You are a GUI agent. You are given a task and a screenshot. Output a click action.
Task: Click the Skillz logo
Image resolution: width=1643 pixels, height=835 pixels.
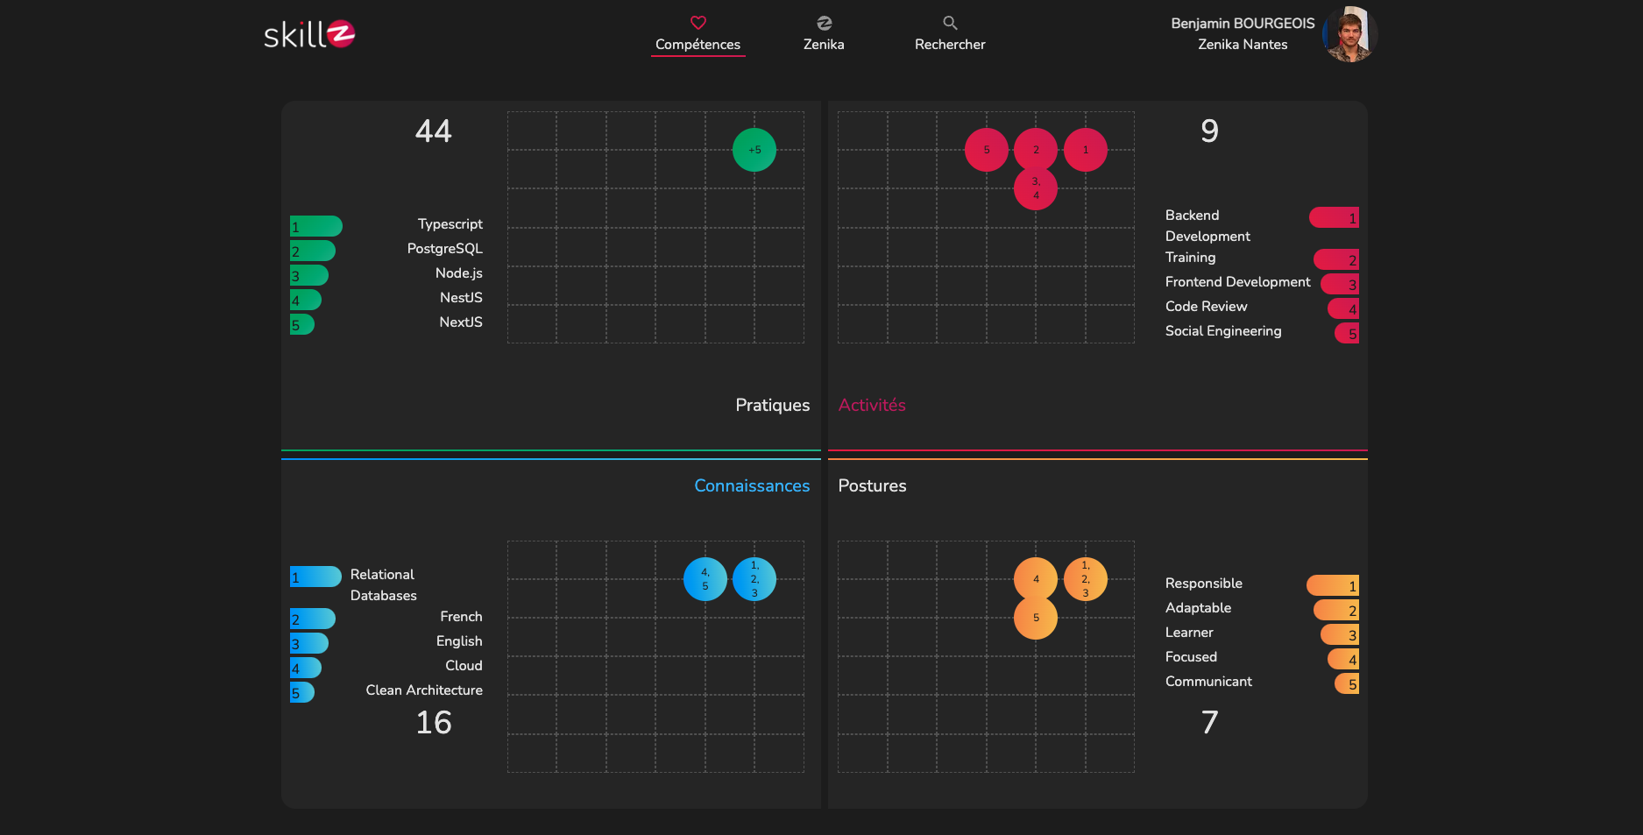(309, 34)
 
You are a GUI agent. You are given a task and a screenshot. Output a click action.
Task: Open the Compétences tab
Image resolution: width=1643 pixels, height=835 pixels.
(698, 34)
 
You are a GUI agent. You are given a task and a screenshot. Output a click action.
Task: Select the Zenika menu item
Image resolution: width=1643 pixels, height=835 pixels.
(824, 34)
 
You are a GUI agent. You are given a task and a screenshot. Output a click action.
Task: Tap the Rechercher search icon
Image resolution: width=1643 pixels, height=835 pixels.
(950, 23)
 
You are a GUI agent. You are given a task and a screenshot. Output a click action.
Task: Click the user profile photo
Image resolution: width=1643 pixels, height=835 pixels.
(1349, 34)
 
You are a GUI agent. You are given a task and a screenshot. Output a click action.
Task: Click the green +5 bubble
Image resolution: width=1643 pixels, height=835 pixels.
(754, 150)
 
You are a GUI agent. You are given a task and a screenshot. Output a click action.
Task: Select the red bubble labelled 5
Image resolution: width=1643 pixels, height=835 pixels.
(987, 150)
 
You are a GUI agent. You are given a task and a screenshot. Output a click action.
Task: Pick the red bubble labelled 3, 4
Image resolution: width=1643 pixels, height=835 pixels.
(1036, 188)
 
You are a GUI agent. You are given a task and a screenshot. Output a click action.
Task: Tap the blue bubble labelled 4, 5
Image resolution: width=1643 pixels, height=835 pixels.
(705, 579)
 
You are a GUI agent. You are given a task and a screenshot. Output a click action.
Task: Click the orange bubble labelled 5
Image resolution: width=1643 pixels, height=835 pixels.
(1036, 618)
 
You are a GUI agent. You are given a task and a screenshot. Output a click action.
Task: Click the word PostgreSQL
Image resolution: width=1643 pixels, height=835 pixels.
(444, 249)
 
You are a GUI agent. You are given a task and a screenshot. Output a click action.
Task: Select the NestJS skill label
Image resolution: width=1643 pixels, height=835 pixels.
(461, 298)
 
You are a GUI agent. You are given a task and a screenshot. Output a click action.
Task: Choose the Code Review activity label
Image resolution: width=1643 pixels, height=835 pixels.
(1206, 307)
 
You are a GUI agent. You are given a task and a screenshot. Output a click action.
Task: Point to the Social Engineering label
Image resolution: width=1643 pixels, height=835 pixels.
(1223, 331)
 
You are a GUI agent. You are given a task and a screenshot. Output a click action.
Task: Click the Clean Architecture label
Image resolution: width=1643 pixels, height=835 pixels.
(424, 690)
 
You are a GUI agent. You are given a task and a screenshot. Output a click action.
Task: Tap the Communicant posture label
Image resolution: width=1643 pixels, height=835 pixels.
(1208, 682)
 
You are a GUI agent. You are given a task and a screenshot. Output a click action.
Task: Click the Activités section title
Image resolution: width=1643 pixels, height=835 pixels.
(872, 405)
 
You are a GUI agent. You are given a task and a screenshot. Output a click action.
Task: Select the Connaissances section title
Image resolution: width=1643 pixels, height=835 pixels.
(752, 485)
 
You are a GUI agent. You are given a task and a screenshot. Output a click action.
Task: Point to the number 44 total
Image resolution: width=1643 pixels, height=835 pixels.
(434, 131)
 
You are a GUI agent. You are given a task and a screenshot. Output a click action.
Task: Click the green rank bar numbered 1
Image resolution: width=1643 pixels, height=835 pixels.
(316, 226)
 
